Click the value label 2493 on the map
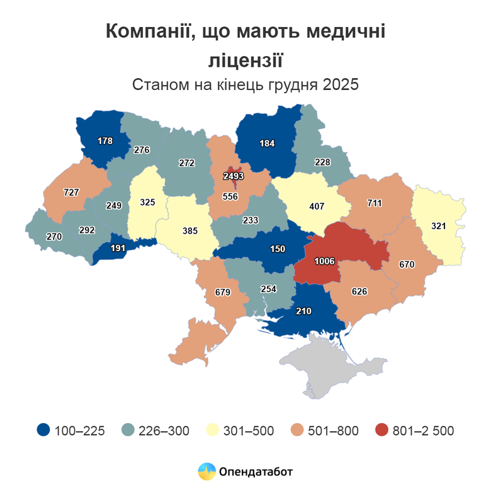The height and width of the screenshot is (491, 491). [x=234, y=176]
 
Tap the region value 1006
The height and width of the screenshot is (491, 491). [x=325, y=261]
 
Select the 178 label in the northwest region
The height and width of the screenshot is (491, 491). [x=105, y=141]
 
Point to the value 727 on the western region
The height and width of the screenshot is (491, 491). [x=71, y=192]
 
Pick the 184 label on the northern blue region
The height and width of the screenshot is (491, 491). [x=268, y=144]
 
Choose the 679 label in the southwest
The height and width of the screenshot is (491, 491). [x=223, y=292]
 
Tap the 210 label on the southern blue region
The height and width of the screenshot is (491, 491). [x=304, y=310]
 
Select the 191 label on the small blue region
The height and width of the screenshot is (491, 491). [x=118, y=248]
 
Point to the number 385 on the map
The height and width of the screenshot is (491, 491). [x=190, y=230]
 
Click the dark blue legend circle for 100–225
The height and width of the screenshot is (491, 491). [x=43, y=431]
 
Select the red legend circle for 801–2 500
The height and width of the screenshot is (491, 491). [x=381, y=431]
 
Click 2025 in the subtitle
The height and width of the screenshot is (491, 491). [x=341, y=85]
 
